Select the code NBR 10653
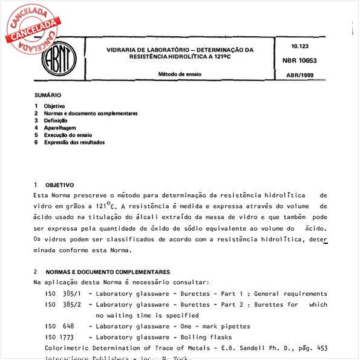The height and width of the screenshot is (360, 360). tap(299, 61)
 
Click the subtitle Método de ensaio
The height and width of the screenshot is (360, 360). tap(180, 74)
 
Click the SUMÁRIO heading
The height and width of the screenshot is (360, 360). tap(47, 96)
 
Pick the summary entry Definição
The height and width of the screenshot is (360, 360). tap(56, 120)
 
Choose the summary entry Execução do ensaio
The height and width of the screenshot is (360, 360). tap(68, 135)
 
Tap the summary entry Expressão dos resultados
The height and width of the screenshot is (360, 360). tap(74, 142)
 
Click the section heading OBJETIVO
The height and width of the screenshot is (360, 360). tap(59, 185)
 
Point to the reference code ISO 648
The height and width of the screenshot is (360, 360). tap(59, 326)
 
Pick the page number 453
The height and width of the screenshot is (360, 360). tap(322, 348)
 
